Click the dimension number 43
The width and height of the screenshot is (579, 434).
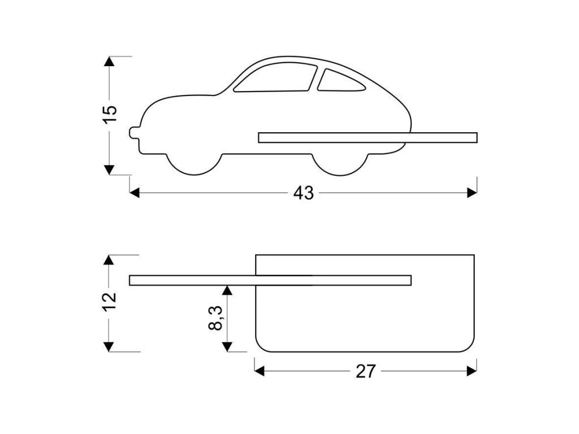coord(303,193)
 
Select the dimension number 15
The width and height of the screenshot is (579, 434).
coord(110,115)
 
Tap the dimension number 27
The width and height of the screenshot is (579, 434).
coord(365,371)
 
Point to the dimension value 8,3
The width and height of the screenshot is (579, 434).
coord(215,318)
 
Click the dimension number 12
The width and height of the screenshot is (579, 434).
coord(110,302)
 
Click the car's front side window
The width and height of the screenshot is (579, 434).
coord(276,78)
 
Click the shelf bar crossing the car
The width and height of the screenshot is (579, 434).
coord(368,137)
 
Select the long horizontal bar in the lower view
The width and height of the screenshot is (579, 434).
coord(270,280)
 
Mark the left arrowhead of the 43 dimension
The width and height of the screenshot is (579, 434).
coord(135,193)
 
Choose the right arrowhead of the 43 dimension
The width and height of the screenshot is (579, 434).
coord(472,193)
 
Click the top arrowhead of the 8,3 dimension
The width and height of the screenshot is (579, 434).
coord(227,290)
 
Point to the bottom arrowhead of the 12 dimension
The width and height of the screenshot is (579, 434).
coord(109,347)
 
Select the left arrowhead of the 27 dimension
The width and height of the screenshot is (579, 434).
coord(260,371)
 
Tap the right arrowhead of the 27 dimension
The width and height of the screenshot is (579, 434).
coord(472,371)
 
